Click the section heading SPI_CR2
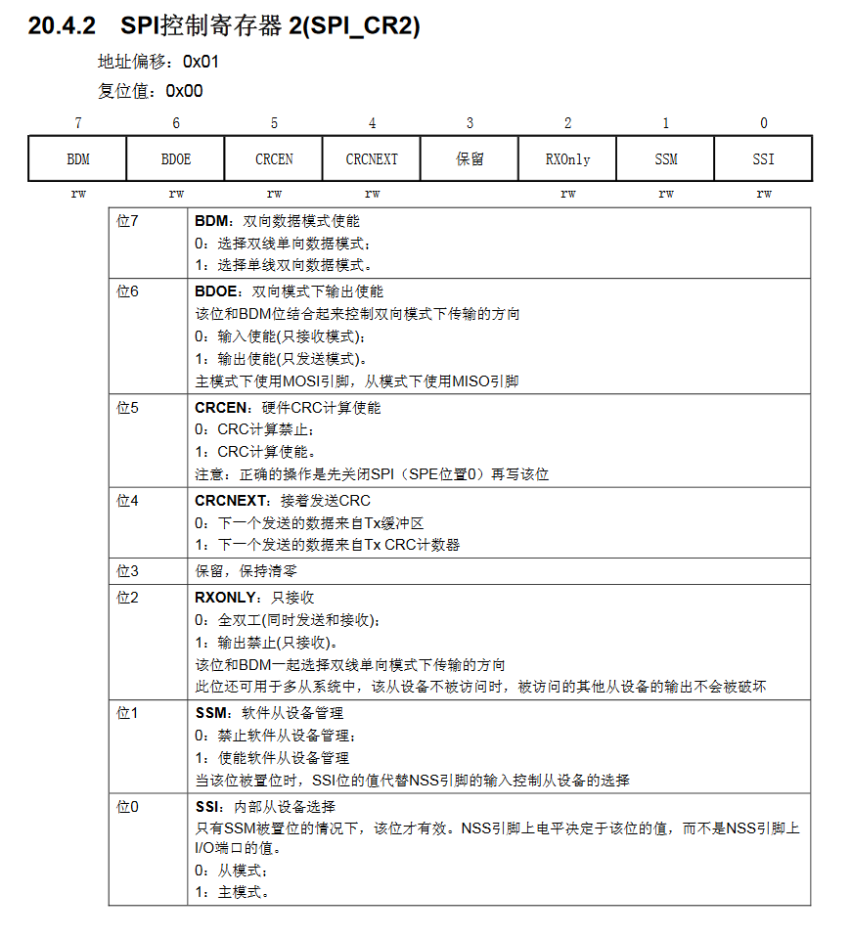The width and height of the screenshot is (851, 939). point(224,26)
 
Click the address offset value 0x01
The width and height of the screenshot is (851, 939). point(202,62)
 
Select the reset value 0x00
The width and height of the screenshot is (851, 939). point(184,91)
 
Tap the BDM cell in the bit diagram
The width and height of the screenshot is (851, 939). point(78,159)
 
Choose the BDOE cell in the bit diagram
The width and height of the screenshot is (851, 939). point(176,159)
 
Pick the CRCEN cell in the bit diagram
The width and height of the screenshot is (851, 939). point(274,159)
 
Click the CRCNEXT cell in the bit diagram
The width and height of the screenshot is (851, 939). point(372,159)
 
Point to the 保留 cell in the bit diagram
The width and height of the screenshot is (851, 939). point(470,159)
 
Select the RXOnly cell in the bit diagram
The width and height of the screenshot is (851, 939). point(567,159)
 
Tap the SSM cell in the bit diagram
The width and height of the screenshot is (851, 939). point(666,159)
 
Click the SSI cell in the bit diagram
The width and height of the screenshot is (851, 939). point(763,159)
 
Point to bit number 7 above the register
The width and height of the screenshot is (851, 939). point(78,123)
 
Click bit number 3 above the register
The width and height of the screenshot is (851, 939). point(470,123)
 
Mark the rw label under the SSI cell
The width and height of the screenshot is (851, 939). point(763,194)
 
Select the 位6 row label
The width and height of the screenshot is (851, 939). point(127,291)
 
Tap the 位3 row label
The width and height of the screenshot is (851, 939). point(127,570)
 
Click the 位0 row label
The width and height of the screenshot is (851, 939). point(127,807)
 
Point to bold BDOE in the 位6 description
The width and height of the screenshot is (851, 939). point(216,291)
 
